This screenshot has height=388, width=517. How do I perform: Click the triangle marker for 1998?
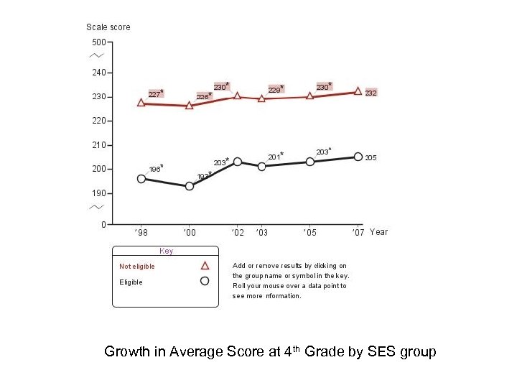pos(141,103)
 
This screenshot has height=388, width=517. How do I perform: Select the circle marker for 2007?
pos(358,157)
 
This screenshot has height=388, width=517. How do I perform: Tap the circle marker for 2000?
pos(190,186)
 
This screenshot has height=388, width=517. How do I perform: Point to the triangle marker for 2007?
pos(358,91)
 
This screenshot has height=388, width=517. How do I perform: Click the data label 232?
pos(371,93)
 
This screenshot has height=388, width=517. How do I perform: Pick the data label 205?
pos(371,157)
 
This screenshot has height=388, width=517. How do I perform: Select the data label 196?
pos(154,169)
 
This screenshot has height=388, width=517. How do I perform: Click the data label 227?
pos(154,93)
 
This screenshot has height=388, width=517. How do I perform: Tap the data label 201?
pos(274,157)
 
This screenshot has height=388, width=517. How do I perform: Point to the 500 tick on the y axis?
pos(98,42)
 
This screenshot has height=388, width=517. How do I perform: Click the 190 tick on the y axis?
pos(98,193)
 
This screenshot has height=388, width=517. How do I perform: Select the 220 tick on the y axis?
pos(98,121)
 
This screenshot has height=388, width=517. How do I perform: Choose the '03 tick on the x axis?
pos(262,232)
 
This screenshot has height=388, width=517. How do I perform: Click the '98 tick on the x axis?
pos(141,232)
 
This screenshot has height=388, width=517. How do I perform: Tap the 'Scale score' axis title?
pos(108,27)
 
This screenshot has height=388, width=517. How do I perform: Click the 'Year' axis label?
pos(378,231)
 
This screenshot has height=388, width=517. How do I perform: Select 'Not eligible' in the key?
pos(137,267)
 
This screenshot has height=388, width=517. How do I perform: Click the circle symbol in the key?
pos(205,281)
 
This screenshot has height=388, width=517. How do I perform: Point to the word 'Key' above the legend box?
pos(166,251)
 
